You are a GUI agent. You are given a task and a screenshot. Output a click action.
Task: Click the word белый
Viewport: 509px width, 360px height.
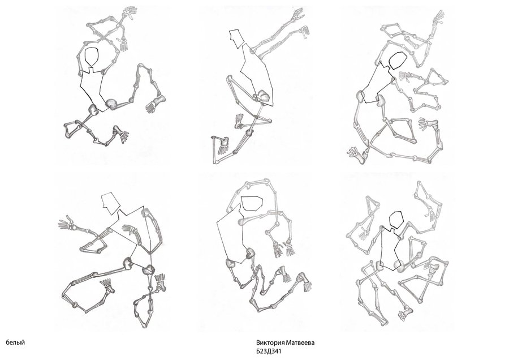point(15,342)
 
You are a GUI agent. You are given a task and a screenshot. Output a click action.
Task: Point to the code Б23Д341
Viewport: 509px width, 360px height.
point(269,352)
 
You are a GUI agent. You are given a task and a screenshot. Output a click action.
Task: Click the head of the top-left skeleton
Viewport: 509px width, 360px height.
point(91,57)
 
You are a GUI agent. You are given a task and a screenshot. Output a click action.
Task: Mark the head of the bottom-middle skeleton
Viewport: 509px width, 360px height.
point(252,203)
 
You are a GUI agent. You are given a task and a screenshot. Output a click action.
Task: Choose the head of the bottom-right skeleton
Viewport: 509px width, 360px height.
point(395,219)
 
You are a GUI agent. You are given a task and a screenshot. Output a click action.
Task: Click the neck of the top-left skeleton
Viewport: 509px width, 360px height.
point(92,69)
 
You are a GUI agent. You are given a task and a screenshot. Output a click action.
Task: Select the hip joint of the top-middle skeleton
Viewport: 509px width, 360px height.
point(262,96)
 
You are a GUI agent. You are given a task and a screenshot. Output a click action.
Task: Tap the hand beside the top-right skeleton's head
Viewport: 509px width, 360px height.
point(404,75)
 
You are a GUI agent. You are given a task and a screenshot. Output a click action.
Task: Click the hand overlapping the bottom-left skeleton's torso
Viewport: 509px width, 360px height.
point(130,229)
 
